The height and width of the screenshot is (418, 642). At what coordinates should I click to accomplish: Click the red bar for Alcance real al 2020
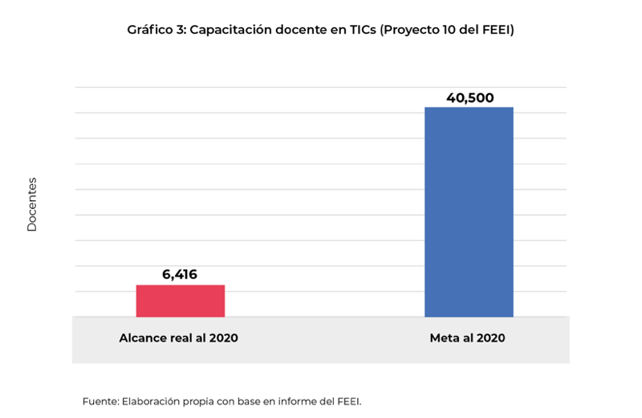[180, 301]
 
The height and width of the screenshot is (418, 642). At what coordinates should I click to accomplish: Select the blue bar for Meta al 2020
[469, 212]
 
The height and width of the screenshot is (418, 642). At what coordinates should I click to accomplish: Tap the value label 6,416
[180, 275]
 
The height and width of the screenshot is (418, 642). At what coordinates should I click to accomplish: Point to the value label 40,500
[469, 98]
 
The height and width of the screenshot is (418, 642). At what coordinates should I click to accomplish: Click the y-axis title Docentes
[32, 204]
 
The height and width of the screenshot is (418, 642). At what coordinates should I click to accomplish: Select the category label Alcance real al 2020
[178, 338]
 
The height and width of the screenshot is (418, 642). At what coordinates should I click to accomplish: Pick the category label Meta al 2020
[467, 338]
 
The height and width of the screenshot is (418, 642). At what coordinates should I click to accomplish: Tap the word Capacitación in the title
[230, 31]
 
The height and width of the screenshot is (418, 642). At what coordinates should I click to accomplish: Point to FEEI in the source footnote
[356, 400]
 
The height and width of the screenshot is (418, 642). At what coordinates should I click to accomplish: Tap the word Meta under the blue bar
[444, 338]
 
